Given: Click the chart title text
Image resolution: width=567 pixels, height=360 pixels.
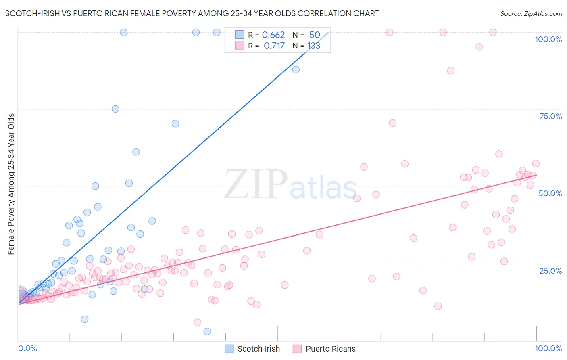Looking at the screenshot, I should point(192,13).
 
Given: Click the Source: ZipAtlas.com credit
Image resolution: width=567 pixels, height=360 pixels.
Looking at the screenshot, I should point(531,13).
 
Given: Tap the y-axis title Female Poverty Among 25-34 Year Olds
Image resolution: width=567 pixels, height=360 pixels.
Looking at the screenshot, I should point(11,184).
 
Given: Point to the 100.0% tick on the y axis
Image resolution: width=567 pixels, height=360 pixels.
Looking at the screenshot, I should point(548,39).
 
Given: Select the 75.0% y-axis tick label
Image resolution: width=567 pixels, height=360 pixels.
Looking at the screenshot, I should point(550,116).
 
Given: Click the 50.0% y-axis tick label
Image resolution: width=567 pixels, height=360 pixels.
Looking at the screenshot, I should point(550,193).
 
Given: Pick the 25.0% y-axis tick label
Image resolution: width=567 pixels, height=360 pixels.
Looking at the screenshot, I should point(550,270).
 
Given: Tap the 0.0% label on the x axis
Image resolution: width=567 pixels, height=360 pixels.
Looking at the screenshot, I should point(27,348).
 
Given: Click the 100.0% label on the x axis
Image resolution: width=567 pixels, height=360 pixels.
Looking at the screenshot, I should point(548,348).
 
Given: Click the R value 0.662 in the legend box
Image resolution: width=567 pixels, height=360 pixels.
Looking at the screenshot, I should point(273,35).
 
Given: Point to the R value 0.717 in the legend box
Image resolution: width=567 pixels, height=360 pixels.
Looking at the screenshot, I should point(274,46).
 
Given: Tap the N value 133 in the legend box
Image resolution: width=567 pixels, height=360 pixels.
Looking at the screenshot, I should point(314,46).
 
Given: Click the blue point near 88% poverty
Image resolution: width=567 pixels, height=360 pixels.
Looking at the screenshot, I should point(296,69).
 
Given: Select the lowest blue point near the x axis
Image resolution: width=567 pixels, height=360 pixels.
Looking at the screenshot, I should point(207,331).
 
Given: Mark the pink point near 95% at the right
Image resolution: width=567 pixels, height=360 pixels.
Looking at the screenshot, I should point(479,47).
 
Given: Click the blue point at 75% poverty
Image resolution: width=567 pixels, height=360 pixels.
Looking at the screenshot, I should point(115,109).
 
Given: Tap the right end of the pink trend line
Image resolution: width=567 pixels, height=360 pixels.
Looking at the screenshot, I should point(536,175).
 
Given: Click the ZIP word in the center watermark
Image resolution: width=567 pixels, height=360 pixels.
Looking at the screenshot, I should point(256,184).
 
